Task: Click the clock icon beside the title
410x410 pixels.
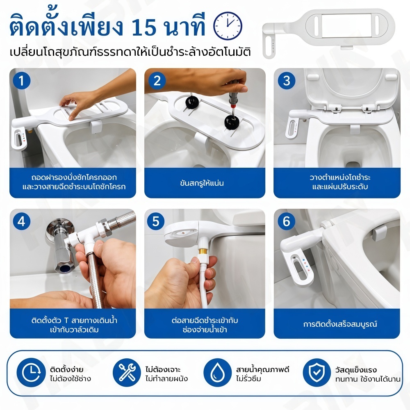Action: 228,26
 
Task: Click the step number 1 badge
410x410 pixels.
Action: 22,81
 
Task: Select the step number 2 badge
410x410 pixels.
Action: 157,81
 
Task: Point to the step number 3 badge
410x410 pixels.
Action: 287,81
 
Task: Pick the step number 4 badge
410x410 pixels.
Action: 22,221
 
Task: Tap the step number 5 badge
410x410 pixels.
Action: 156,221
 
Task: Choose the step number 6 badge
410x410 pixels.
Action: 287,221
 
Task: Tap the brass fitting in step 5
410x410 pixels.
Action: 202,252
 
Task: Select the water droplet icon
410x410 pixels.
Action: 217,373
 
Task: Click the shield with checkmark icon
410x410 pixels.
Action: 317,373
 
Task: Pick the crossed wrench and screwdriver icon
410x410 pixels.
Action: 127,373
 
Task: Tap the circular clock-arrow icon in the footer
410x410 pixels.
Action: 31,373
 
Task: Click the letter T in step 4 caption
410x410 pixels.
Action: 66,320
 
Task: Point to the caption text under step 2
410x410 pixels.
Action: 202,183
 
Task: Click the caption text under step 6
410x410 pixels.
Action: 340,324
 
